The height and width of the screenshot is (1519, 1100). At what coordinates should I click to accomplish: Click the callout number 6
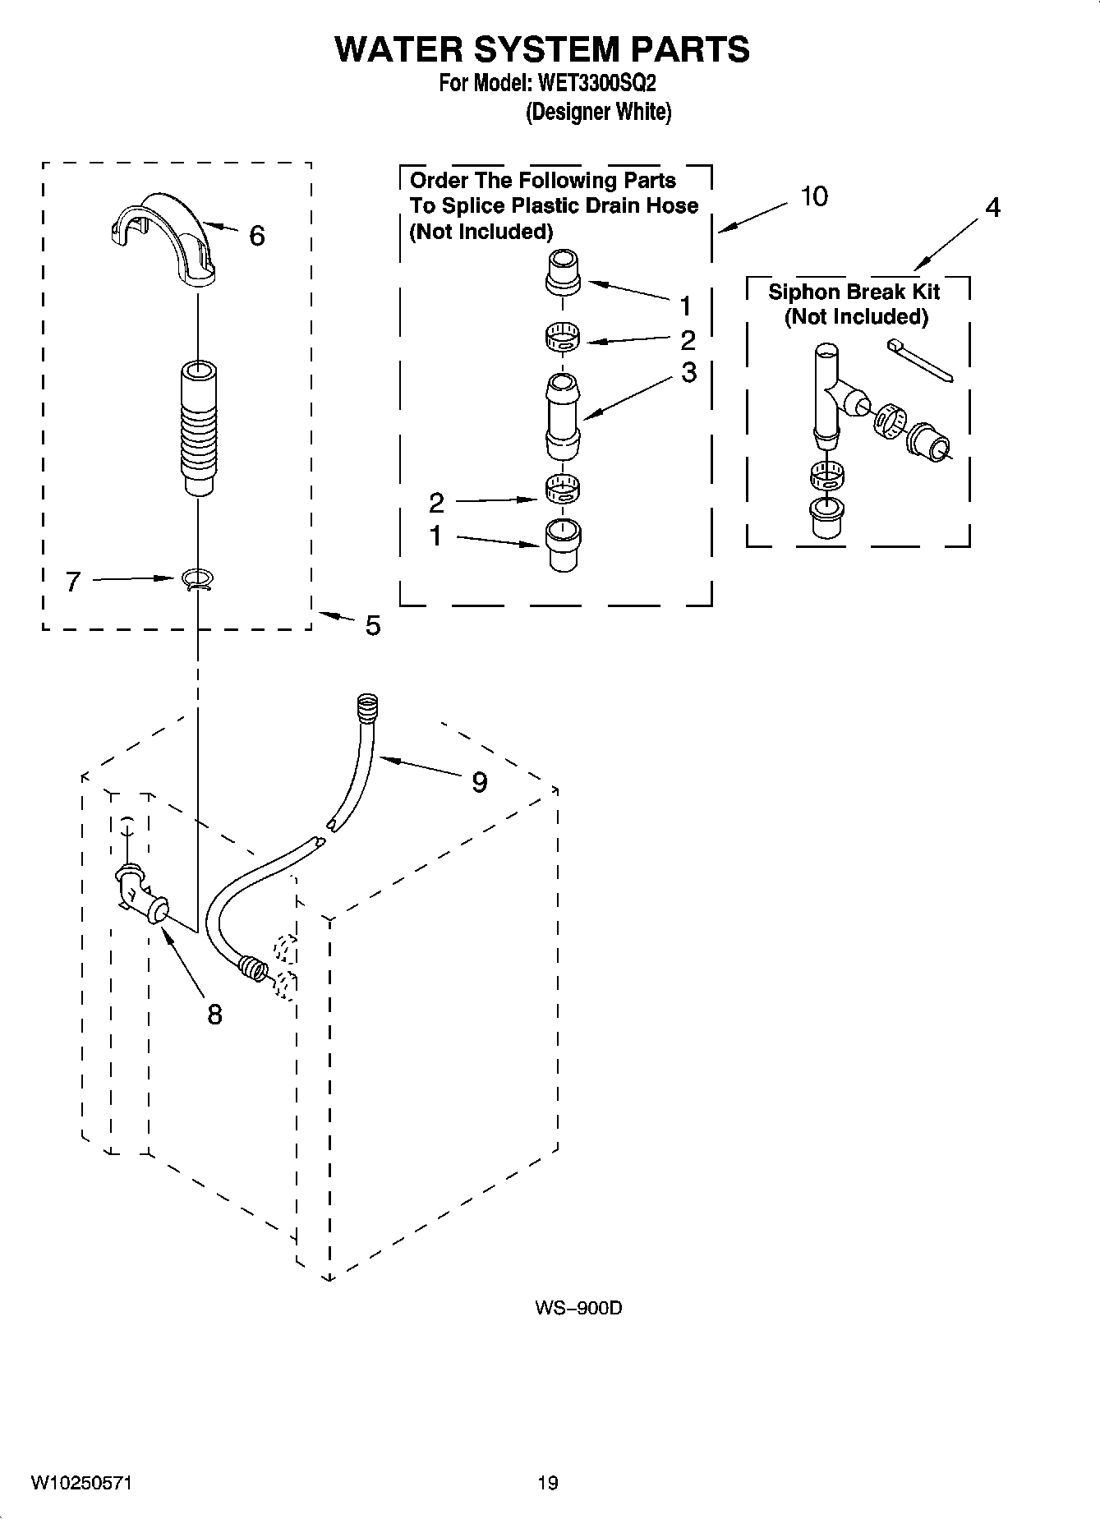coord(256,237)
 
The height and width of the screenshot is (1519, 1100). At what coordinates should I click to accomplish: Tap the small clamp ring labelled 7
coord(196,580)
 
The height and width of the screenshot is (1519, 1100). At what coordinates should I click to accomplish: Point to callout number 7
coord(73,582)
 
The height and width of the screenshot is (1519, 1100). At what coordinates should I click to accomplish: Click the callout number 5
coord(372,627)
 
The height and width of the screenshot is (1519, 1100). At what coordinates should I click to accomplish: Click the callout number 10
coord(814,197)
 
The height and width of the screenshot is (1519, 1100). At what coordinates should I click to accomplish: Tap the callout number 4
coord(992,209)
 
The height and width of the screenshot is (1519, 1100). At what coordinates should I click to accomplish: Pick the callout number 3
coord(688,372)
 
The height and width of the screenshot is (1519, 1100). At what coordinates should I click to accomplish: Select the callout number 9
coord(479,782)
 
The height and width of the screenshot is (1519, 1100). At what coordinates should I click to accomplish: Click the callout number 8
coord(214,1015)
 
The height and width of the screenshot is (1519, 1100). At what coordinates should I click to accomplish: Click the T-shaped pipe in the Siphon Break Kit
coord(830,394)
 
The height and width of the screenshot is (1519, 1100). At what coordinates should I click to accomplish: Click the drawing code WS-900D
coord(578,1307)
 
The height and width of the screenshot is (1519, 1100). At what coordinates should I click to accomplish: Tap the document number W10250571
coord(82,1482)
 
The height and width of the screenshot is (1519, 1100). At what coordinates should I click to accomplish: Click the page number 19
coord(548,1482)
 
